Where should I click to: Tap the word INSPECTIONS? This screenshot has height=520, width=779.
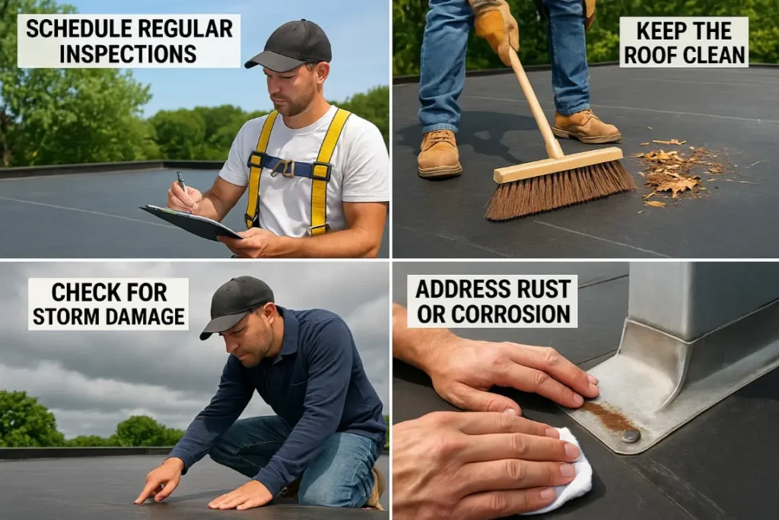[128, 54]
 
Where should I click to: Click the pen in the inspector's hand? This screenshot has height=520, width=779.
[182, 183]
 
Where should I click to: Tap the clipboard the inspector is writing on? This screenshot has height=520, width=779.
[191, 222]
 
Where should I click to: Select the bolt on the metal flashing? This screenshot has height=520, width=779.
[630, 435]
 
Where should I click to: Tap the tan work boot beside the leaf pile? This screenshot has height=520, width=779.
[587, 126]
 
